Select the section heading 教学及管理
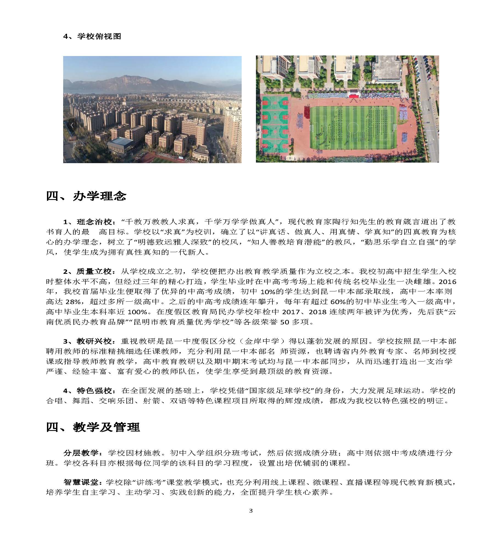click(107, 427)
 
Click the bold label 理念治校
click(94, 222)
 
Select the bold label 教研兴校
click(94, 341)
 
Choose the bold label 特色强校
click(94, 391)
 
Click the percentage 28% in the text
click(73, 302)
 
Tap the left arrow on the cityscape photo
click(72, 125)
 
